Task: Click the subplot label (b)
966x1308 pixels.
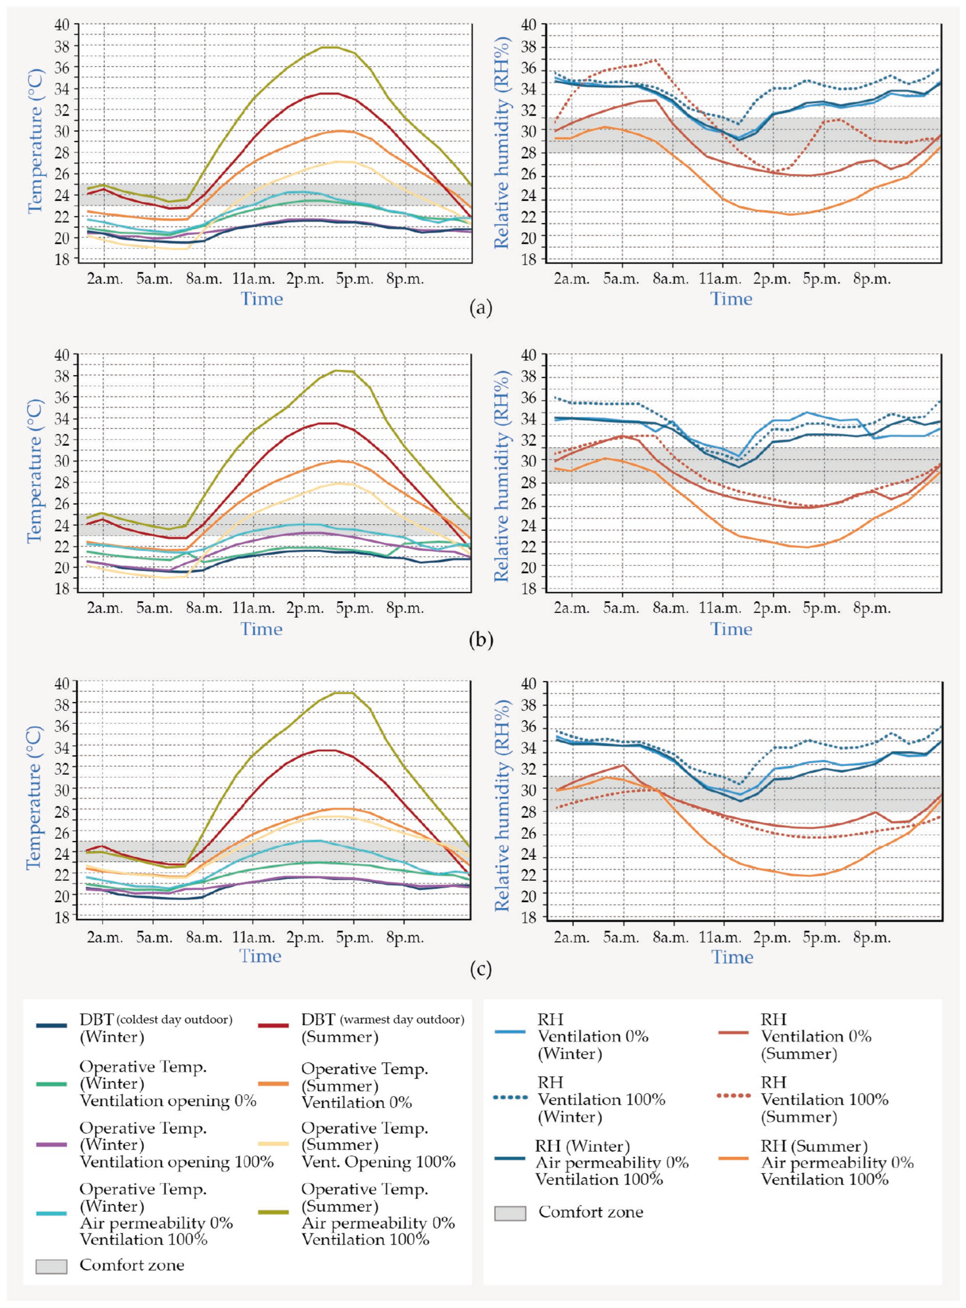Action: point(481,640)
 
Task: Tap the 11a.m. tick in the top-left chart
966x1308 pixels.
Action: point(253,279)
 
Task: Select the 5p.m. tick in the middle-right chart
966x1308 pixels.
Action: point(822,608)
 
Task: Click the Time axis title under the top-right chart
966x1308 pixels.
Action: point(731,299)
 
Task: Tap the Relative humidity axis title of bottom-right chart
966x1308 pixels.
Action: point(502,805)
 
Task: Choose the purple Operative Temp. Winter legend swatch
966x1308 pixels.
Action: point(51,1144)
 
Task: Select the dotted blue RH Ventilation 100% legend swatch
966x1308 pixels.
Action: point(511,1098)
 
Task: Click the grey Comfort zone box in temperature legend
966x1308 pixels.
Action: point(51,1266)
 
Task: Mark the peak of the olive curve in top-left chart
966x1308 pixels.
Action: point(328,47)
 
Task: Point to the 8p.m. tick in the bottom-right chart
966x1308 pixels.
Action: point(872,938)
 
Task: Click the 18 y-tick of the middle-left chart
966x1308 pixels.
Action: point(62,589)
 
